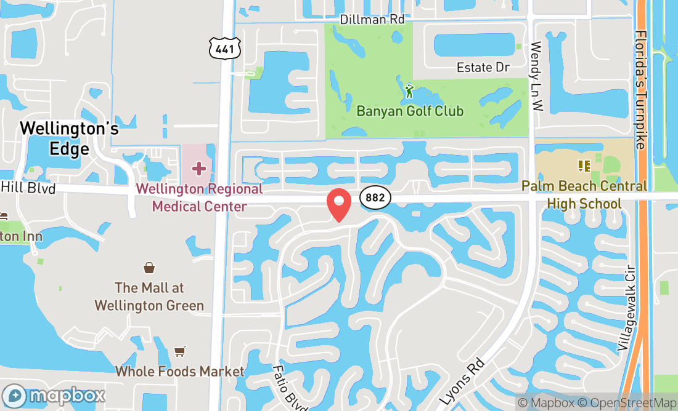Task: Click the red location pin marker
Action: (339, 204)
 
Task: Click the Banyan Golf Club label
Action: (410, 111)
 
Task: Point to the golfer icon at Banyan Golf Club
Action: (409, 92)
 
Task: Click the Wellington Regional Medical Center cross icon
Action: (198, 168)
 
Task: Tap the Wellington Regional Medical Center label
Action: (199, 198)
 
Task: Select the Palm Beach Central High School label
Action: (584, 194)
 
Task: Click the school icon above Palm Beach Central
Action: (584, 166)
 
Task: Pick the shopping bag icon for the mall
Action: (149, 268)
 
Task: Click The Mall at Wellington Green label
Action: (150, 297)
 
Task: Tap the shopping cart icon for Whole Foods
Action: (179, 351)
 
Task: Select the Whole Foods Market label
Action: (180, 371)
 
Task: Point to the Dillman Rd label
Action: (372, 20)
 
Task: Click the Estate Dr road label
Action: (483, 67)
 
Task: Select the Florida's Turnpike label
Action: (640, 90)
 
